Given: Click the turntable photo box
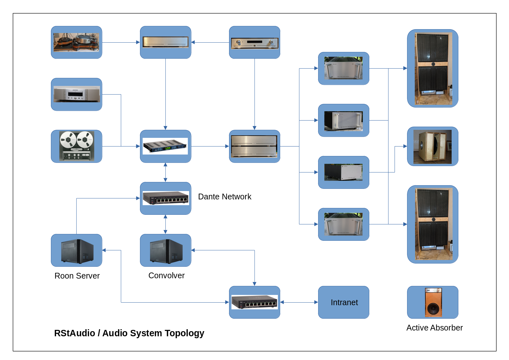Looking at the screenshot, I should click(76, 42).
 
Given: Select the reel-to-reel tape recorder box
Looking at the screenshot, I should click(76, 146).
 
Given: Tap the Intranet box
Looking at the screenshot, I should click(344, 302).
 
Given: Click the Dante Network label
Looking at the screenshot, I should click(224, 197).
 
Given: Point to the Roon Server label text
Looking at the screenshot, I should click(77, 276).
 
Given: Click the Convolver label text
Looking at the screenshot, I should click(166, 275).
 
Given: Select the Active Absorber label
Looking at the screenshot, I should click(434, 328).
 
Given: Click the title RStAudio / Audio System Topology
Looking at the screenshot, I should click(129, 333).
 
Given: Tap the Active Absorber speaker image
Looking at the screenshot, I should click(433, 302).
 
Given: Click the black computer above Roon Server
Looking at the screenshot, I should click(77, 251).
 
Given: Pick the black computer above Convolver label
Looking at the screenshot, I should click(166, 251).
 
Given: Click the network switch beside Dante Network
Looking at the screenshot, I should click(165, 198).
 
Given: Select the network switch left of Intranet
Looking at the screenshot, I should click(254, 302).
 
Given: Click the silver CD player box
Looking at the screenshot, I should click(76, 94).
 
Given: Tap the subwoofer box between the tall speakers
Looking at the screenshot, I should click(432, 147).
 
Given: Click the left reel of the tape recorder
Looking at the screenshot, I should click(68, 140).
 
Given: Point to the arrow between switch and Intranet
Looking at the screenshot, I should click(299, 302).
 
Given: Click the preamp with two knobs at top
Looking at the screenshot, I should click(254, 42).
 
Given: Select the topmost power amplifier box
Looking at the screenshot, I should click(343, 68).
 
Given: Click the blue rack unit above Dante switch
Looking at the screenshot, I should click(165, 146).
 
